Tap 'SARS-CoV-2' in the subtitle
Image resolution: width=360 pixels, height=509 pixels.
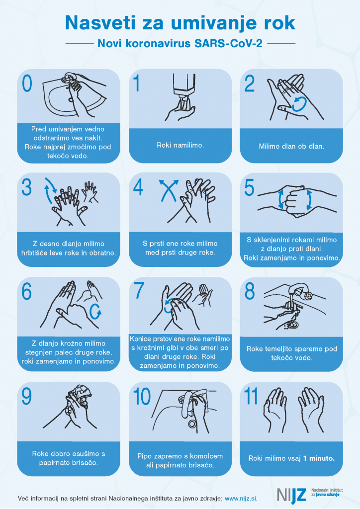coord(229,44)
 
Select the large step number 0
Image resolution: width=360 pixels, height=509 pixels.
coord(27,83)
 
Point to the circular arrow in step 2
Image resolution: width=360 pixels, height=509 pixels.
coord(299,104)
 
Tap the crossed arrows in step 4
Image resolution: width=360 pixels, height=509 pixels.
coord(169,190)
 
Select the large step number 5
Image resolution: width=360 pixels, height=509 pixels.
coord(249,188)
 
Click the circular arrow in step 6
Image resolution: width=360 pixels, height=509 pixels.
coord(95,312)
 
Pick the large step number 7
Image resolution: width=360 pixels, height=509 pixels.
coord(139,291)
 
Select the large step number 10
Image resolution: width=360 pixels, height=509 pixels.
coord(142,397)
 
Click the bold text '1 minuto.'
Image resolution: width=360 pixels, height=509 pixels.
coord(319,458)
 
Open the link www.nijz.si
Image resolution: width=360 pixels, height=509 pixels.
coord(241,498)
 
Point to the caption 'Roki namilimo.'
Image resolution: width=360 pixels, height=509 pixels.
coord(180,145)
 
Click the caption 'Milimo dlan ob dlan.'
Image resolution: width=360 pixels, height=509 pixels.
coord(291,147)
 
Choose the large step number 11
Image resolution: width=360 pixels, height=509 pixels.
coord(251,397)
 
